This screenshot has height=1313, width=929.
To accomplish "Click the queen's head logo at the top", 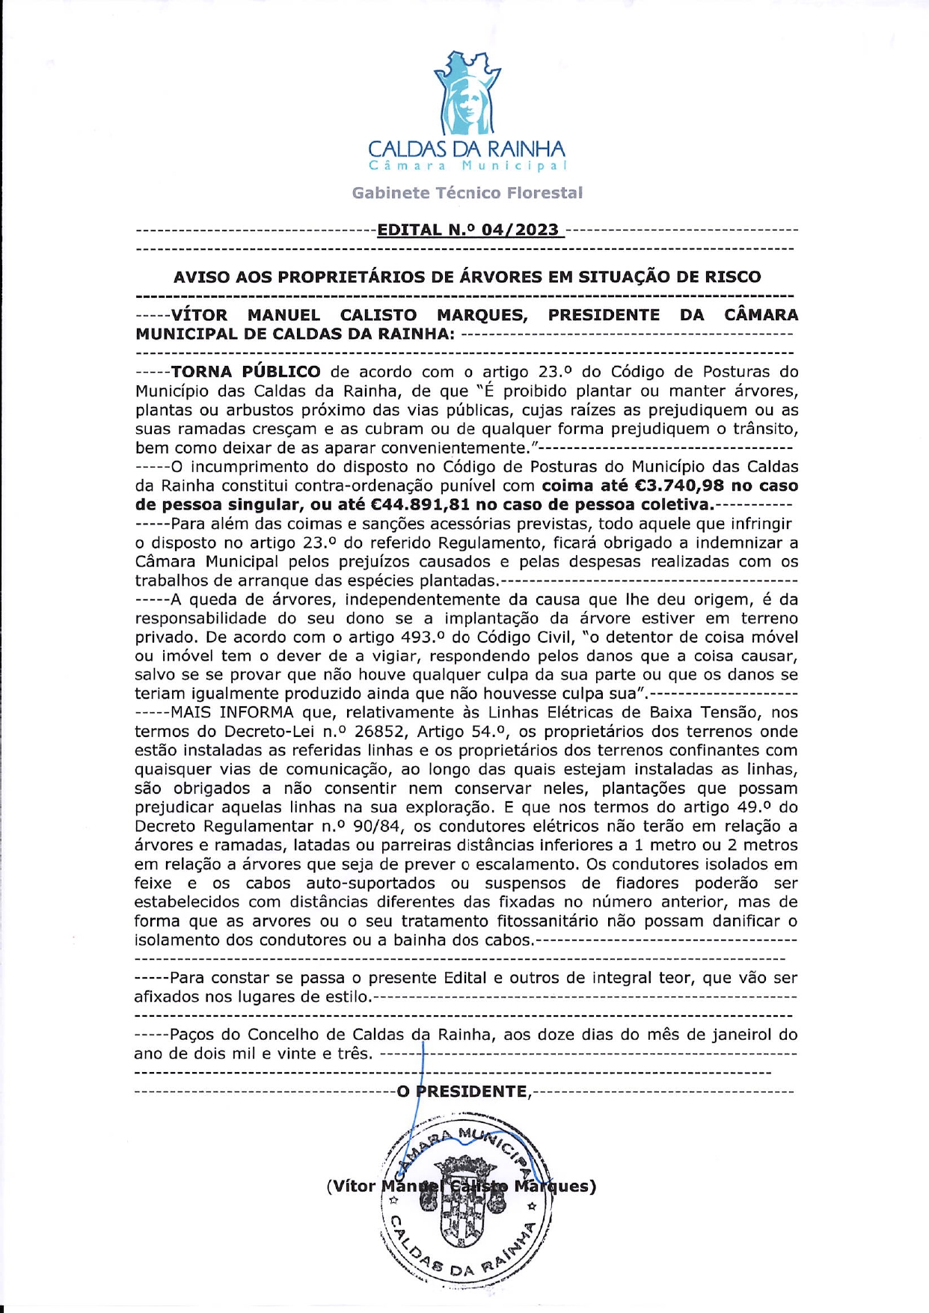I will [x=467, y=94].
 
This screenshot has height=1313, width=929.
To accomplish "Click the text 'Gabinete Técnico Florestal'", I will [x=467, y=193].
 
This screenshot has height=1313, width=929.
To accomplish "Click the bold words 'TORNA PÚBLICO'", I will [x=245, y=372].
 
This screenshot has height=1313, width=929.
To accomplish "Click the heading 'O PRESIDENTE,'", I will [x=464, y=1092].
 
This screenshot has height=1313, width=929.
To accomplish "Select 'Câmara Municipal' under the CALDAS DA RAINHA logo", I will [x=467, y=165].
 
